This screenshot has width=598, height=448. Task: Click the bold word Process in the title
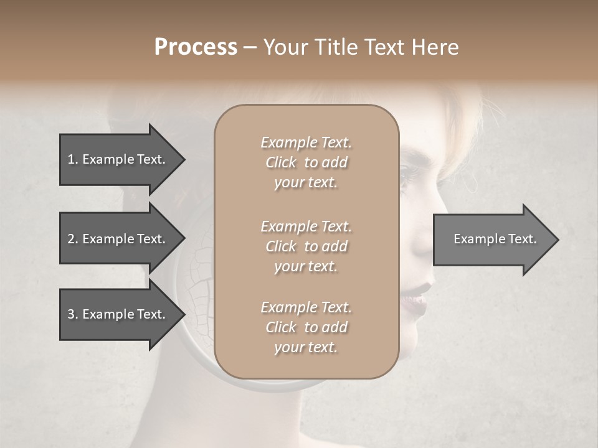[196, 47]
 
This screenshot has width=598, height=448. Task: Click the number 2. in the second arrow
[73, 239]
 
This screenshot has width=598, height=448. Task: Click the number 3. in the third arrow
[73, 314]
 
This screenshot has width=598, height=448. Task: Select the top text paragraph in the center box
[306, 162]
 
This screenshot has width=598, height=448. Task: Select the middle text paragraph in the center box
[306, 246]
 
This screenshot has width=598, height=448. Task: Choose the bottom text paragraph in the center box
[306, 327]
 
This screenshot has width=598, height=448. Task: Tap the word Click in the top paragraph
[280, 162]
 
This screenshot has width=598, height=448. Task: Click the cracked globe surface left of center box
[198, 292]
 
